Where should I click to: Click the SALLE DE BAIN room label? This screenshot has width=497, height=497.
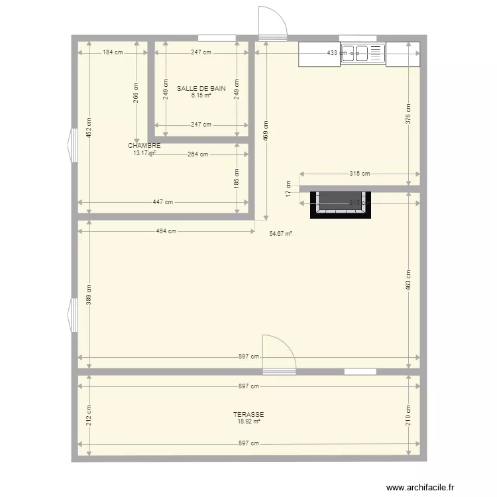pos(201,88)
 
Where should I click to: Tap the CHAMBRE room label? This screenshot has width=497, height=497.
pos(144,146)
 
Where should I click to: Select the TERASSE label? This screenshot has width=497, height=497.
pos(248,414)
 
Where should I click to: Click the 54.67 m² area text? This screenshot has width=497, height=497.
pos(281,233)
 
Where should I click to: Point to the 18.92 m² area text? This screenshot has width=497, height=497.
pos(248,421)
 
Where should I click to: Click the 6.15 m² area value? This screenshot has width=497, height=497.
pos(201,95)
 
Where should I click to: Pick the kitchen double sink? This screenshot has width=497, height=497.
pos(362,53)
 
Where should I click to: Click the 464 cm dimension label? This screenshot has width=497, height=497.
pos(166,231)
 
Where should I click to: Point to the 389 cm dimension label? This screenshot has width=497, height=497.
pos(88,293)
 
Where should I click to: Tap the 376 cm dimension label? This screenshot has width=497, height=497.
pos(408,114)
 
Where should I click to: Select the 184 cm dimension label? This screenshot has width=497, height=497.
pos(113,52)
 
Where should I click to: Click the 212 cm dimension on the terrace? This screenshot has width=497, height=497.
pos(88,415)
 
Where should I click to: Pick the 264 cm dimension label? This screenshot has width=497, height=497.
pos(197,154)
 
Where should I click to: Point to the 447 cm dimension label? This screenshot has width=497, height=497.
pos(164,203)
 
